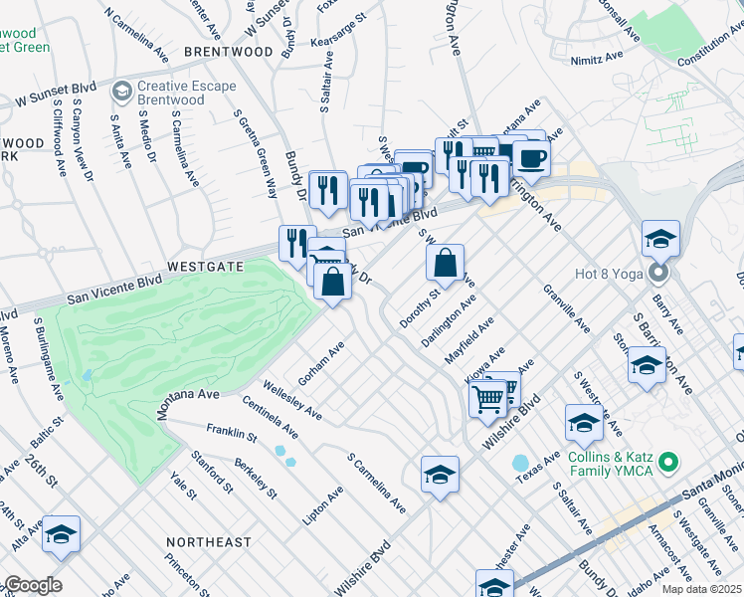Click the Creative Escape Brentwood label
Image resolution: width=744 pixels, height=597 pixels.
coord(187,94)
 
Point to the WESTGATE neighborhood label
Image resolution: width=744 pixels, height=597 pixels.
coord(205,267)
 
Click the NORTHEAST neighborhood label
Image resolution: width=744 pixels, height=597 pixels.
coord(209,541)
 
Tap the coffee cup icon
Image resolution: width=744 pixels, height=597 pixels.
coord(531,157)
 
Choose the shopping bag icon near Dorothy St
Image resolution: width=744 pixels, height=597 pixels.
coord(446,264)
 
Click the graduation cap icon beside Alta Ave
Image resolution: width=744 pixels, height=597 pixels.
coord(62,535)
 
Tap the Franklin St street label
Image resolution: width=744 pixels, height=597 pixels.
coord(232,435)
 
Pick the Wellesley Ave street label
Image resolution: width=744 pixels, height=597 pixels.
coord(292,398)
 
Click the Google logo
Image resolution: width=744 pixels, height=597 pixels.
coord(32,585)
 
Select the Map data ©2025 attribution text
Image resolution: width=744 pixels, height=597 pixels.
coord(702,589)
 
